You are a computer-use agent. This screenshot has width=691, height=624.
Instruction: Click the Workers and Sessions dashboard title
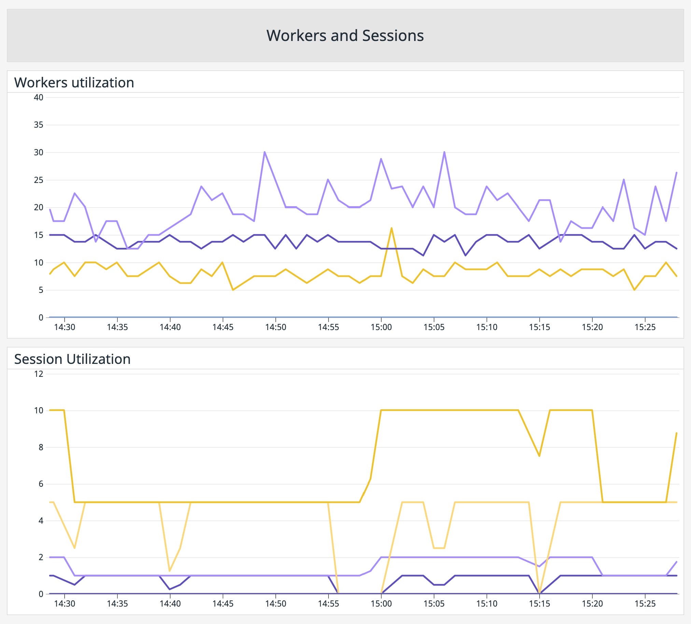345,36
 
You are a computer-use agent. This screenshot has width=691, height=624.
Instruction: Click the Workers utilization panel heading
74,83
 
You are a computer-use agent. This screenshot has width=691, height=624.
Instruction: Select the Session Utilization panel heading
72,359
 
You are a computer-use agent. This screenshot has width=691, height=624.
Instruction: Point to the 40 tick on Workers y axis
39,97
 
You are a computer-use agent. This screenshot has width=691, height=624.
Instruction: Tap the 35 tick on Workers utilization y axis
39,125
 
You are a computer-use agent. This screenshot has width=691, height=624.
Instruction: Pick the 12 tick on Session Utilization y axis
39,374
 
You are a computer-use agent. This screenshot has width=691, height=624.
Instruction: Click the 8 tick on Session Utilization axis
41,447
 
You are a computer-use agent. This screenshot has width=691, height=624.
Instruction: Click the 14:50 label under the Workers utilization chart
276,327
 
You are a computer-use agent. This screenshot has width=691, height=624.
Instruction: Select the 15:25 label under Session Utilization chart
645,604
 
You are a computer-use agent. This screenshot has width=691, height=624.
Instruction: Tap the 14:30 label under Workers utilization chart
65,327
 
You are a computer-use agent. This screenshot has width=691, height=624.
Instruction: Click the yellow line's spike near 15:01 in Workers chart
392,228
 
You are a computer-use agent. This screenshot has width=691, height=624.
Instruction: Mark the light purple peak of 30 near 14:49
265,152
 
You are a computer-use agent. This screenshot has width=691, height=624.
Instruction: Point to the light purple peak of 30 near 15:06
444,152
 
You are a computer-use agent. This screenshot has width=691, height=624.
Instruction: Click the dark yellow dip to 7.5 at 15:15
539,456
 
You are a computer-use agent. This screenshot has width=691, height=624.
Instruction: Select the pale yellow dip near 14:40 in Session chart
170,571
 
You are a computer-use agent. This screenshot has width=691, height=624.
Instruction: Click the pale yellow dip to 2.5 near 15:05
439,548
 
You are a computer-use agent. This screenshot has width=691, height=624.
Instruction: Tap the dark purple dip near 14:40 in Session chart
170,589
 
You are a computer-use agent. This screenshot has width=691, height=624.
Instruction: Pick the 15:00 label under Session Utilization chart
381,604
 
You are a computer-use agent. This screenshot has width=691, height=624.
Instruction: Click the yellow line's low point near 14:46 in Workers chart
233,290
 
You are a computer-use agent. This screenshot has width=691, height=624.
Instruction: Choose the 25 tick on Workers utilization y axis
39,180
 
